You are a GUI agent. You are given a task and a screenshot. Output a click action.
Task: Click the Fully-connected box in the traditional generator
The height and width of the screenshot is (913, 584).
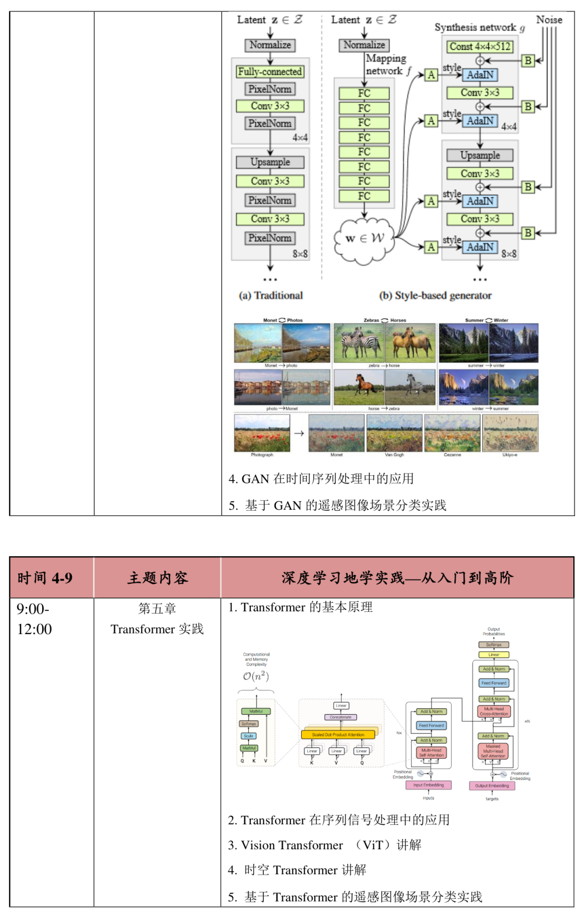[x=270, y=71]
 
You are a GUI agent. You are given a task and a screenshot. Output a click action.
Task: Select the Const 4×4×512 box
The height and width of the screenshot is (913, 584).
[x=480, y=46]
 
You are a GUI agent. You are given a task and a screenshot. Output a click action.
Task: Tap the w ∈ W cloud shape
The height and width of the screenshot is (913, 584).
[x=364, y=238]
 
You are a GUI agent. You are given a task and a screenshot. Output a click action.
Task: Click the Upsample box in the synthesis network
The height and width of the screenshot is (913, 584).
[x=480, y=155]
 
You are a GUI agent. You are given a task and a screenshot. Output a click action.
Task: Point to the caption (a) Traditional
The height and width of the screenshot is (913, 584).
[x=270, y=295]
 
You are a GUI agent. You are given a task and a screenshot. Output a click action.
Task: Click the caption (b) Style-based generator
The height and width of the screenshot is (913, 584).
[x=435, y=295]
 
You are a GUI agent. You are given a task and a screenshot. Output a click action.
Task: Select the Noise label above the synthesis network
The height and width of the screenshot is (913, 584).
[x=548, y=20]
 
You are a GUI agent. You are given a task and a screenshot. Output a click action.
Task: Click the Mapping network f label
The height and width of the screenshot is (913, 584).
[x=386, y=64]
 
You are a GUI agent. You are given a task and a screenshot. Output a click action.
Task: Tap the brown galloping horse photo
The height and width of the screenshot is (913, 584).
[x=359, y=386]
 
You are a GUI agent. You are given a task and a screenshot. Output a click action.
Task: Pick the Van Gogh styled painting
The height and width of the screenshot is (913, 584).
[x=394, y=432]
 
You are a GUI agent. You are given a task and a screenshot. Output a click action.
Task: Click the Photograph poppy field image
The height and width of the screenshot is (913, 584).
[x=262, y=432]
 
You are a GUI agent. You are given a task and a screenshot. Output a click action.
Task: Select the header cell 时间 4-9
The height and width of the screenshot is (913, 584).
[x=45, y=578]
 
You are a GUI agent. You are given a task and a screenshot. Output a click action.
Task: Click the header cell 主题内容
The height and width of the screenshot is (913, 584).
[x=157, y=578]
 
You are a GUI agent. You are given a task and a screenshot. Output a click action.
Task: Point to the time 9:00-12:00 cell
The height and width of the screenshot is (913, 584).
[x=35, y=619]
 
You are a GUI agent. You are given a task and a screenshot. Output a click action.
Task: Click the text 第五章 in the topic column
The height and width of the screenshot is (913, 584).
[x=157, y=609]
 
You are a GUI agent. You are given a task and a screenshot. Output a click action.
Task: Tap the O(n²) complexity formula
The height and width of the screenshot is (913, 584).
[x=256, y=676]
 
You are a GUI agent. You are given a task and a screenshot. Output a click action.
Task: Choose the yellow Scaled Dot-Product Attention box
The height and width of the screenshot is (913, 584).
[x=338, y=735]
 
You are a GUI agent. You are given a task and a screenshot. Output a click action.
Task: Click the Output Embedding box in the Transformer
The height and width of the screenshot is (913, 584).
[x=492, y=785]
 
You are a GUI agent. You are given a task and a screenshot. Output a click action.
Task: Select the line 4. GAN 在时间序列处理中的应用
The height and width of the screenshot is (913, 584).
[x=321, y=478]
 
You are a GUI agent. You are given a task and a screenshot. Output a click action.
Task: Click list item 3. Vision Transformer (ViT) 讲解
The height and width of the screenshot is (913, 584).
[x=324, y=845]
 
